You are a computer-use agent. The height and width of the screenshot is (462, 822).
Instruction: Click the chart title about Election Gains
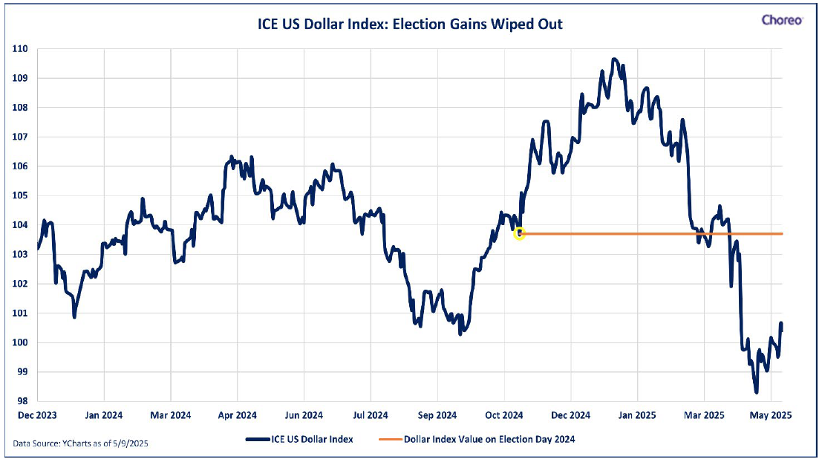pos(409,24)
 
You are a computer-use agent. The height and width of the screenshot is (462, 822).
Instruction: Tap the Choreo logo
pos(782,20)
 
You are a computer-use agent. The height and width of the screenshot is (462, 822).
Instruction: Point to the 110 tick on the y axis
pos(20,49)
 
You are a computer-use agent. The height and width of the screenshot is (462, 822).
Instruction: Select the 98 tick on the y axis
pos(22,401)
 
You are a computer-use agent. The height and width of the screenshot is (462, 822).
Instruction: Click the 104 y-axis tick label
pos(20,225)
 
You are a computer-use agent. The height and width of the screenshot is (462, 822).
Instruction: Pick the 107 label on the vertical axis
pos(20,137)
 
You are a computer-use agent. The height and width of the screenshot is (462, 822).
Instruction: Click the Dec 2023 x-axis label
pos(37,415)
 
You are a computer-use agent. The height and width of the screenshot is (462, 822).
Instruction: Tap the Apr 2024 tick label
pos(237,415)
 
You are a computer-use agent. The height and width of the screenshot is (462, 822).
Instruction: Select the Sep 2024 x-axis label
pos(437,415)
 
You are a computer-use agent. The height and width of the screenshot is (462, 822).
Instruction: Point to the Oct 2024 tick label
pos(503,415)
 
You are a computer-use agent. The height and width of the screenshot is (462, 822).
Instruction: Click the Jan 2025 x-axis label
pos(637,415)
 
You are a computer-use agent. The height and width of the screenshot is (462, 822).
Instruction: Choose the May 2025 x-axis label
pos(770,415)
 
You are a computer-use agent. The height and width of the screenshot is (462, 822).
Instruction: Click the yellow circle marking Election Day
pos(519,234)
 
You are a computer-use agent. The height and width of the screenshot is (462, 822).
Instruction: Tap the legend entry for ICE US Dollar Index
pos(300,440)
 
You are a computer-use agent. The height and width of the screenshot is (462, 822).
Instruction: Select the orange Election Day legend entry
pos(477,440)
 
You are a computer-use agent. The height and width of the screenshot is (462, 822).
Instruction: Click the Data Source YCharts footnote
pos(81,443)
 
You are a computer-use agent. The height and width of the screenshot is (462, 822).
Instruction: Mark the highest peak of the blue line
pos(614,59)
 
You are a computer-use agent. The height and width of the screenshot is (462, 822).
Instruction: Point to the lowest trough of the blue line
pos(756,391)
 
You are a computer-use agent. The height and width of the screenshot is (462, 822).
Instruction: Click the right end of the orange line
pos(782,234)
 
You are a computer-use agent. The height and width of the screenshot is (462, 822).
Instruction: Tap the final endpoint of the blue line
pos(781,324)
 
